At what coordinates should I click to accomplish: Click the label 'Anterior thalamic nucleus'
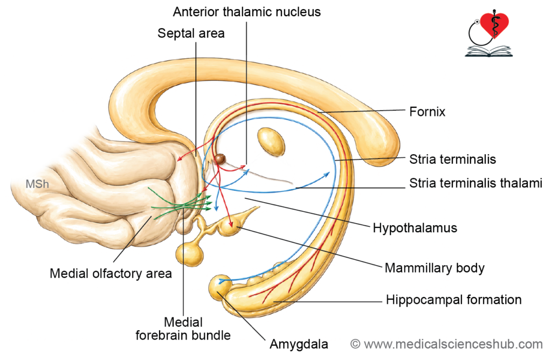click(x=247, y=12)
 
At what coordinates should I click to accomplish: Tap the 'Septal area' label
click(x=191, y=33)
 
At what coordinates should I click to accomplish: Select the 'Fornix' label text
click(x=427, y=112)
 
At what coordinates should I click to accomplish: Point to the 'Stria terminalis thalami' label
click(x=475, y=183)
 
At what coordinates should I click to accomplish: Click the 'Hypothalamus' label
click(x=415, y=228)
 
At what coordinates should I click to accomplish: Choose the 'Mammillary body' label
click(x=434, y=268)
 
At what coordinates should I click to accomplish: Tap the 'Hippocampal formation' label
click(x=454, y=300)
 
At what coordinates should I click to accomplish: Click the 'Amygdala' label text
click(x=299, y=344)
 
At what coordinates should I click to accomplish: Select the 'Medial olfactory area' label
click(x=111, y=273)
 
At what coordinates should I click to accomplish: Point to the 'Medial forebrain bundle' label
click(x=183, y=329)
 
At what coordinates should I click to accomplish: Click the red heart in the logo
click(x=495, y=24)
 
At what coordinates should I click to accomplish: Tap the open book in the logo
click(x=488, y=51)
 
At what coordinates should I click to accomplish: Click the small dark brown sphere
click(x=220, y=159)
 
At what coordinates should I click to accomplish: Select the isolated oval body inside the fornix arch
click(x=271, y=141)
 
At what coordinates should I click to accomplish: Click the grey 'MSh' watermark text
click(x=37, y=184)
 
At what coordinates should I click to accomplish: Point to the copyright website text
click(x=446, y=344)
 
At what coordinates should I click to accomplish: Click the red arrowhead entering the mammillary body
click(x=231, y=223)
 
